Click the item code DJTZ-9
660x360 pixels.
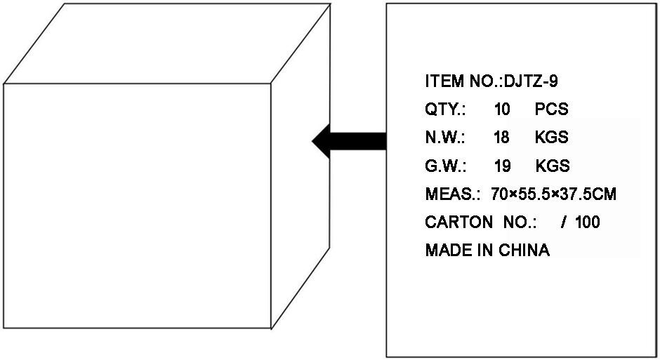[x=531, y=81]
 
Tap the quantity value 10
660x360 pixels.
[x=502, y=109]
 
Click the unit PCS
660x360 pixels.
[x=551, y=109]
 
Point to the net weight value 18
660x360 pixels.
[x=502, y=138]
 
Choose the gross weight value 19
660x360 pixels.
[x=503, y=166]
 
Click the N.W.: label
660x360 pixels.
[x=445, y=138]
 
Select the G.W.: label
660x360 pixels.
[x=446, y=166]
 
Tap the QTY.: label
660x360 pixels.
[x=445, y=109]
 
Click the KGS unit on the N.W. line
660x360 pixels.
[x=552, y=138]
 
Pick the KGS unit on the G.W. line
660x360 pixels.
[x=553, y=166]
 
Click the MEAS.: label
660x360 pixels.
[x=453, y=194]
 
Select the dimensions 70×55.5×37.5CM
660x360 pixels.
[x=553, y=194]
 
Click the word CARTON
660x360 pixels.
[x=458, y=222]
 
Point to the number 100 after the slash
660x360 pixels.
[x=588, y=222]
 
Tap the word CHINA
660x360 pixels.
[x=524, y=251]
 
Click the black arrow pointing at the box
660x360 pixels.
[x=349, y=141]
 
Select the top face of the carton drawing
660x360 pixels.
[x=167, y=44]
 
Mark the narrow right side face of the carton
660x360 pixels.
[x=300, y=166]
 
